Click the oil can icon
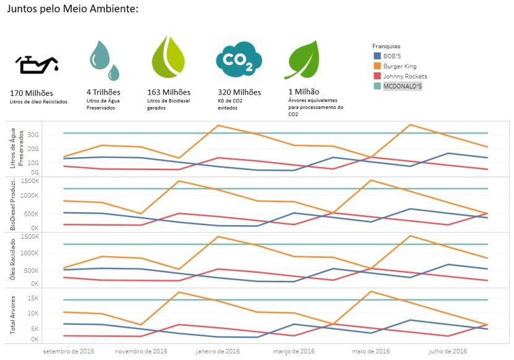(x=36, y=64)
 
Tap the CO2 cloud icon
(x=239, y=59)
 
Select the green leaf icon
(x=302, y=59)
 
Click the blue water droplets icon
(x=105, y=61)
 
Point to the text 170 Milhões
(x=32, y=93)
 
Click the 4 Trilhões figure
(x=103, y=92)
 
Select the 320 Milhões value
(x=239, y=92)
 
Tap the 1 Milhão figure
(x=304, y=92)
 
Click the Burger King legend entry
(x=395, y=66)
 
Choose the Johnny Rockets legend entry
(x=400, y=77)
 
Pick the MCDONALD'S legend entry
(x=398, y=86)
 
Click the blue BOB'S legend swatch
(x=377, y=56)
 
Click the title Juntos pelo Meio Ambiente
(x=72, y=9)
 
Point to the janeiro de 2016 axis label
(x=218, y=351)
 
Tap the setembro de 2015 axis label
(x=68, y=351)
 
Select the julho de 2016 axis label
(x=448, y=351)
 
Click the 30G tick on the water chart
(x=33, y=135)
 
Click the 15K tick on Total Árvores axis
(x=33, y=298)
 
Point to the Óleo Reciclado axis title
(x=12, y=259)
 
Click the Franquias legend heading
(x=386, y=46)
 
